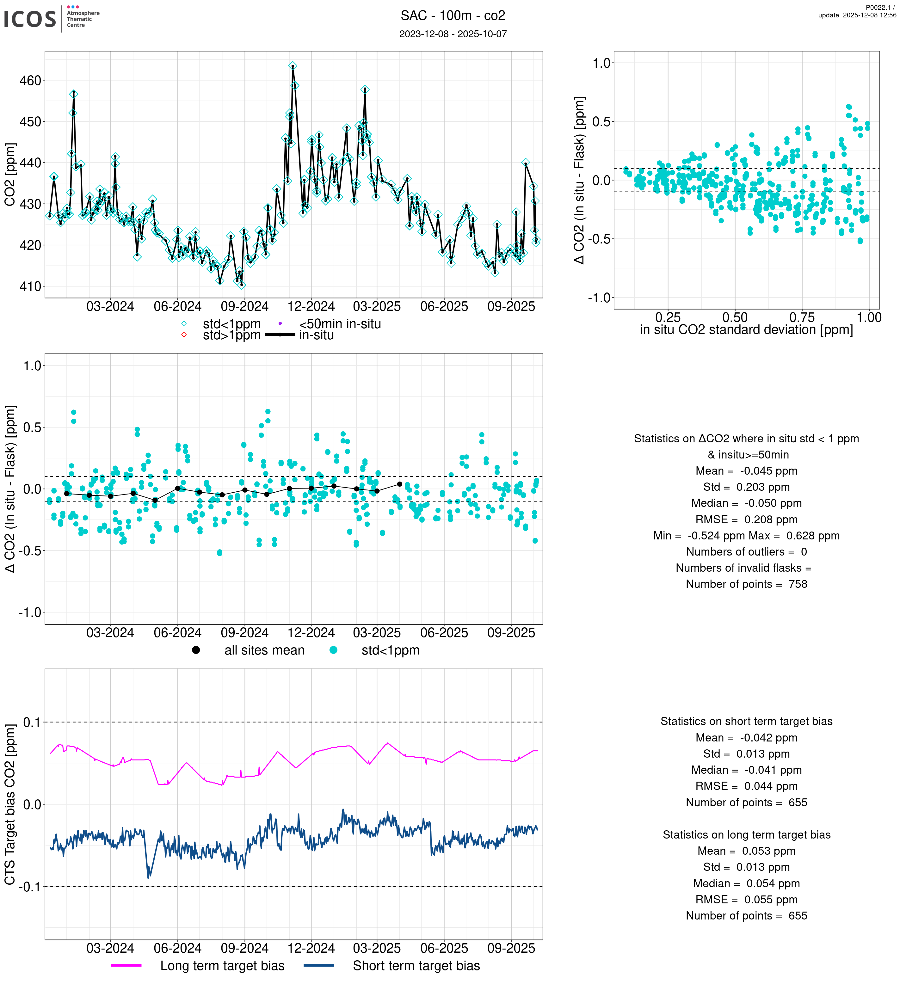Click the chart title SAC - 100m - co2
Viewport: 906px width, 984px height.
[453, 16]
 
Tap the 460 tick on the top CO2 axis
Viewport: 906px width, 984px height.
[30, 80]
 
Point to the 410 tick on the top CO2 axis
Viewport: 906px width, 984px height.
[30, 286]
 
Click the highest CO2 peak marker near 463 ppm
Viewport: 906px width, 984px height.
[293, 66]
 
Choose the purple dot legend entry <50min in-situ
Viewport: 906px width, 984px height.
[280, 323]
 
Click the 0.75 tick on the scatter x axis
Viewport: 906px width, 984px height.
[802, 318]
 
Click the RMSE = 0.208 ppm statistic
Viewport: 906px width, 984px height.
[746, 520]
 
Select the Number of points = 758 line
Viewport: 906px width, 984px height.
[746, 584]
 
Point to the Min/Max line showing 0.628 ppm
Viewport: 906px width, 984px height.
[746, 536]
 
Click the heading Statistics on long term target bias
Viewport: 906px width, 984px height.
[746, 835]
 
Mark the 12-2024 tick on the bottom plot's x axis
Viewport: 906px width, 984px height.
[311, 949]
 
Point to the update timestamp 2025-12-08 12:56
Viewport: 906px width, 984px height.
[857, 15]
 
